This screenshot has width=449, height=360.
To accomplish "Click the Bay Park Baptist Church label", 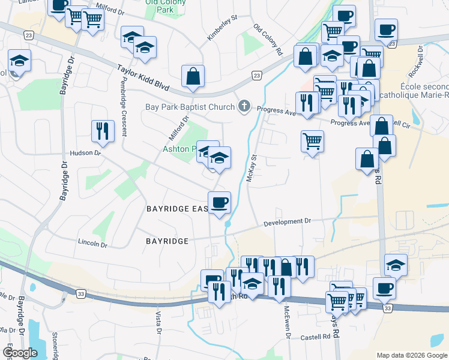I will coord(190,108).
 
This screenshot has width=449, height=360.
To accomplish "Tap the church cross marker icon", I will coord(244,107).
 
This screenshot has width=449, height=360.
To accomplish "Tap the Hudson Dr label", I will coord(86,153).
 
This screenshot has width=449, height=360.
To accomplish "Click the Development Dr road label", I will coord(288,221).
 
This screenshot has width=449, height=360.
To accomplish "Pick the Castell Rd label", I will coord(316,337).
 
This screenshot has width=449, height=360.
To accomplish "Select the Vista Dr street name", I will coord(159,323).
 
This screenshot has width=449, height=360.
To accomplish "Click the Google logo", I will coord(21,353).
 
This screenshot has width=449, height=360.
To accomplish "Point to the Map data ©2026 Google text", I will coord(411,355).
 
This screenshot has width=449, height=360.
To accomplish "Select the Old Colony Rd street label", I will coord(268,40).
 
